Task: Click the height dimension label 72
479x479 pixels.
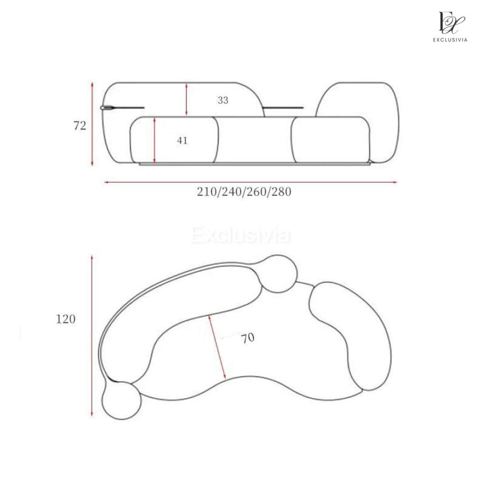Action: pos(80,126)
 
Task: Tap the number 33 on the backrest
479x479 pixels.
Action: pos(223,100)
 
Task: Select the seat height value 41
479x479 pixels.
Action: pos(182,141)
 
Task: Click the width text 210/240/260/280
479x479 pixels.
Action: pos(244,192)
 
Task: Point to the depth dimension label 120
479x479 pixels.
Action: pos(65,319)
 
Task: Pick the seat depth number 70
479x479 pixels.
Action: pos(247,338)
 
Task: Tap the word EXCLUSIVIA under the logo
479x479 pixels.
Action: pos(450,40)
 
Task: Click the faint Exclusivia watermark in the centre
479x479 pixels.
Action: pos(241,235)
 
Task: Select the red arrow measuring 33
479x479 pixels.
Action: pos(186,100)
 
